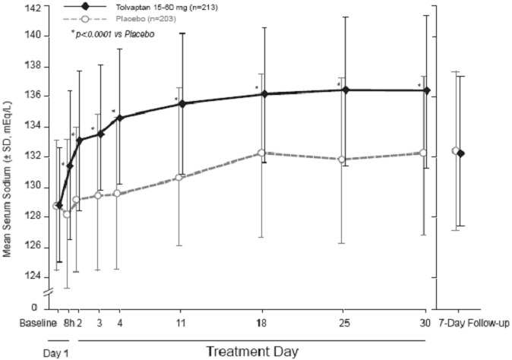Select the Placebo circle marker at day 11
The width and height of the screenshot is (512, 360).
(180, 178)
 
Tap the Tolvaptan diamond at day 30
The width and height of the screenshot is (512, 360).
(427, 90)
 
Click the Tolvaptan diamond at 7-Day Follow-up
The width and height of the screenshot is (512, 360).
(461, 153)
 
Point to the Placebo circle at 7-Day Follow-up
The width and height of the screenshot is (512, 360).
(455, 150)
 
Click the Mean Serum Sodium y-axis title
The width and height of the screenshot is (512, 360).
(9, 180)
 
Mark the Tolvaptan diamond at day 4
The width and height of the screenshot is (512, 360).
(119, 118)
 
